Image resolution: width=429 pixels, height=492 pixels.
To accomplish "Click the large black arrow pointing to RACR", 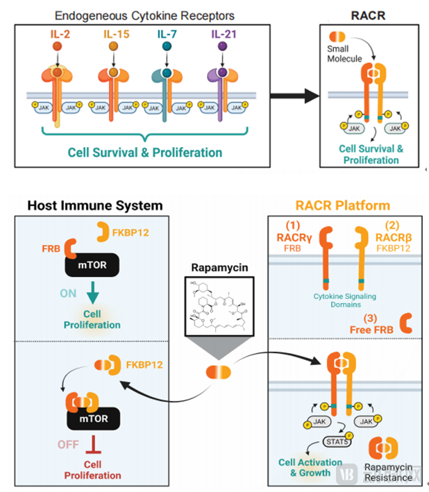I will click(293, 92).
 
